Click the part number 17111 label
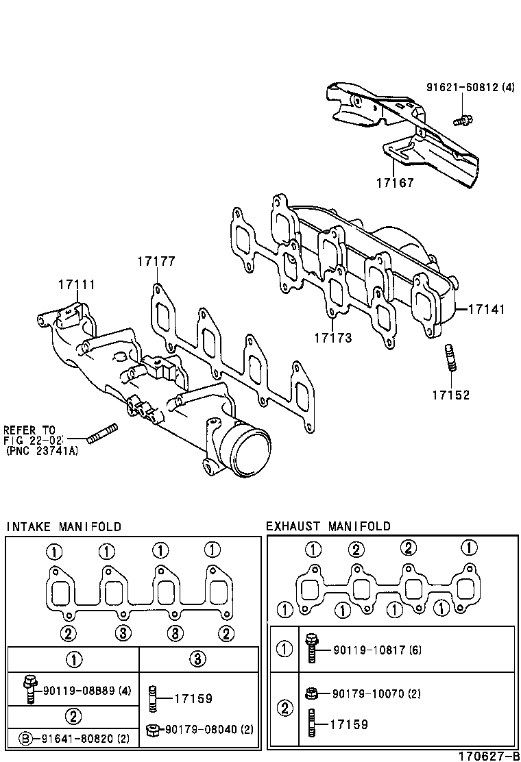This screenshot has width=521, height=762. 76,284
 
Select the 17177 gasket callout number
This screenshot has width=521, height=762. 156,261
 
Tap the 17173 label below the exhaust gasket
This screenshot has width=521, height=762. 333,337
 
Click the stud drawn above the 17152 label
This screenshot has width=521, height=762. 450,358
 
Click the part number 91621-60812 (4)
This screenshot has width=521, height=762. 470,87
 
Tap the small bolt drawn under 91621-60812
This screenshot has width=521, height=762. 463,121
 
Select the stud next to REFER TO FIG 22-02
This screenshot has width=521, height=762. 102,434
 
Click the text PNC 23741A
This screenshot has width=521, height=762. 41,451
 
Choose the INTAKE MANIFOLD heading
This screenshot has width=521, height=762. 63,526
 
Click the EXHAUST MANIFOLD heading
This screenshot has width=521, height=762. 328,526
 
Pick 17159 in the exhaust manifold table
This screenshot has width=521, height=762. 349,724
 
